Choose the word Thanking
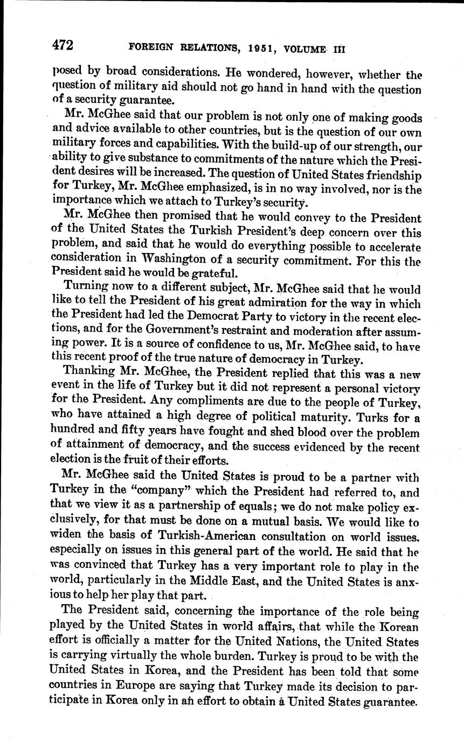89,370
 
